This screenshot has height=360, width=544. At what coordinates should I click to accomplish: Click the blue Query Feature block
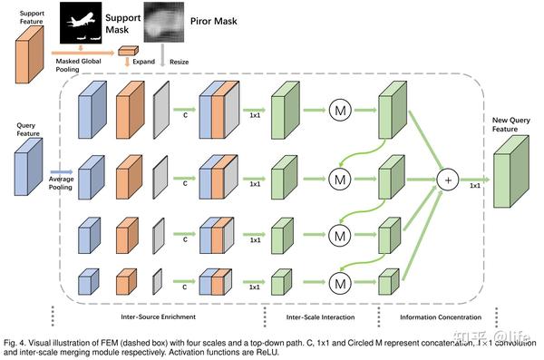click(26, 172)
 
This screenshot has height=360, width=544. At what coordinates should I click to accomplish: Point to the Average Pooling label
click(62, 180)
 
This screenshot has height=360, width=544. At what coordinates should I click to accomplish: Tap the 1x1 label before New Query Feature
click(474, 185)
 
